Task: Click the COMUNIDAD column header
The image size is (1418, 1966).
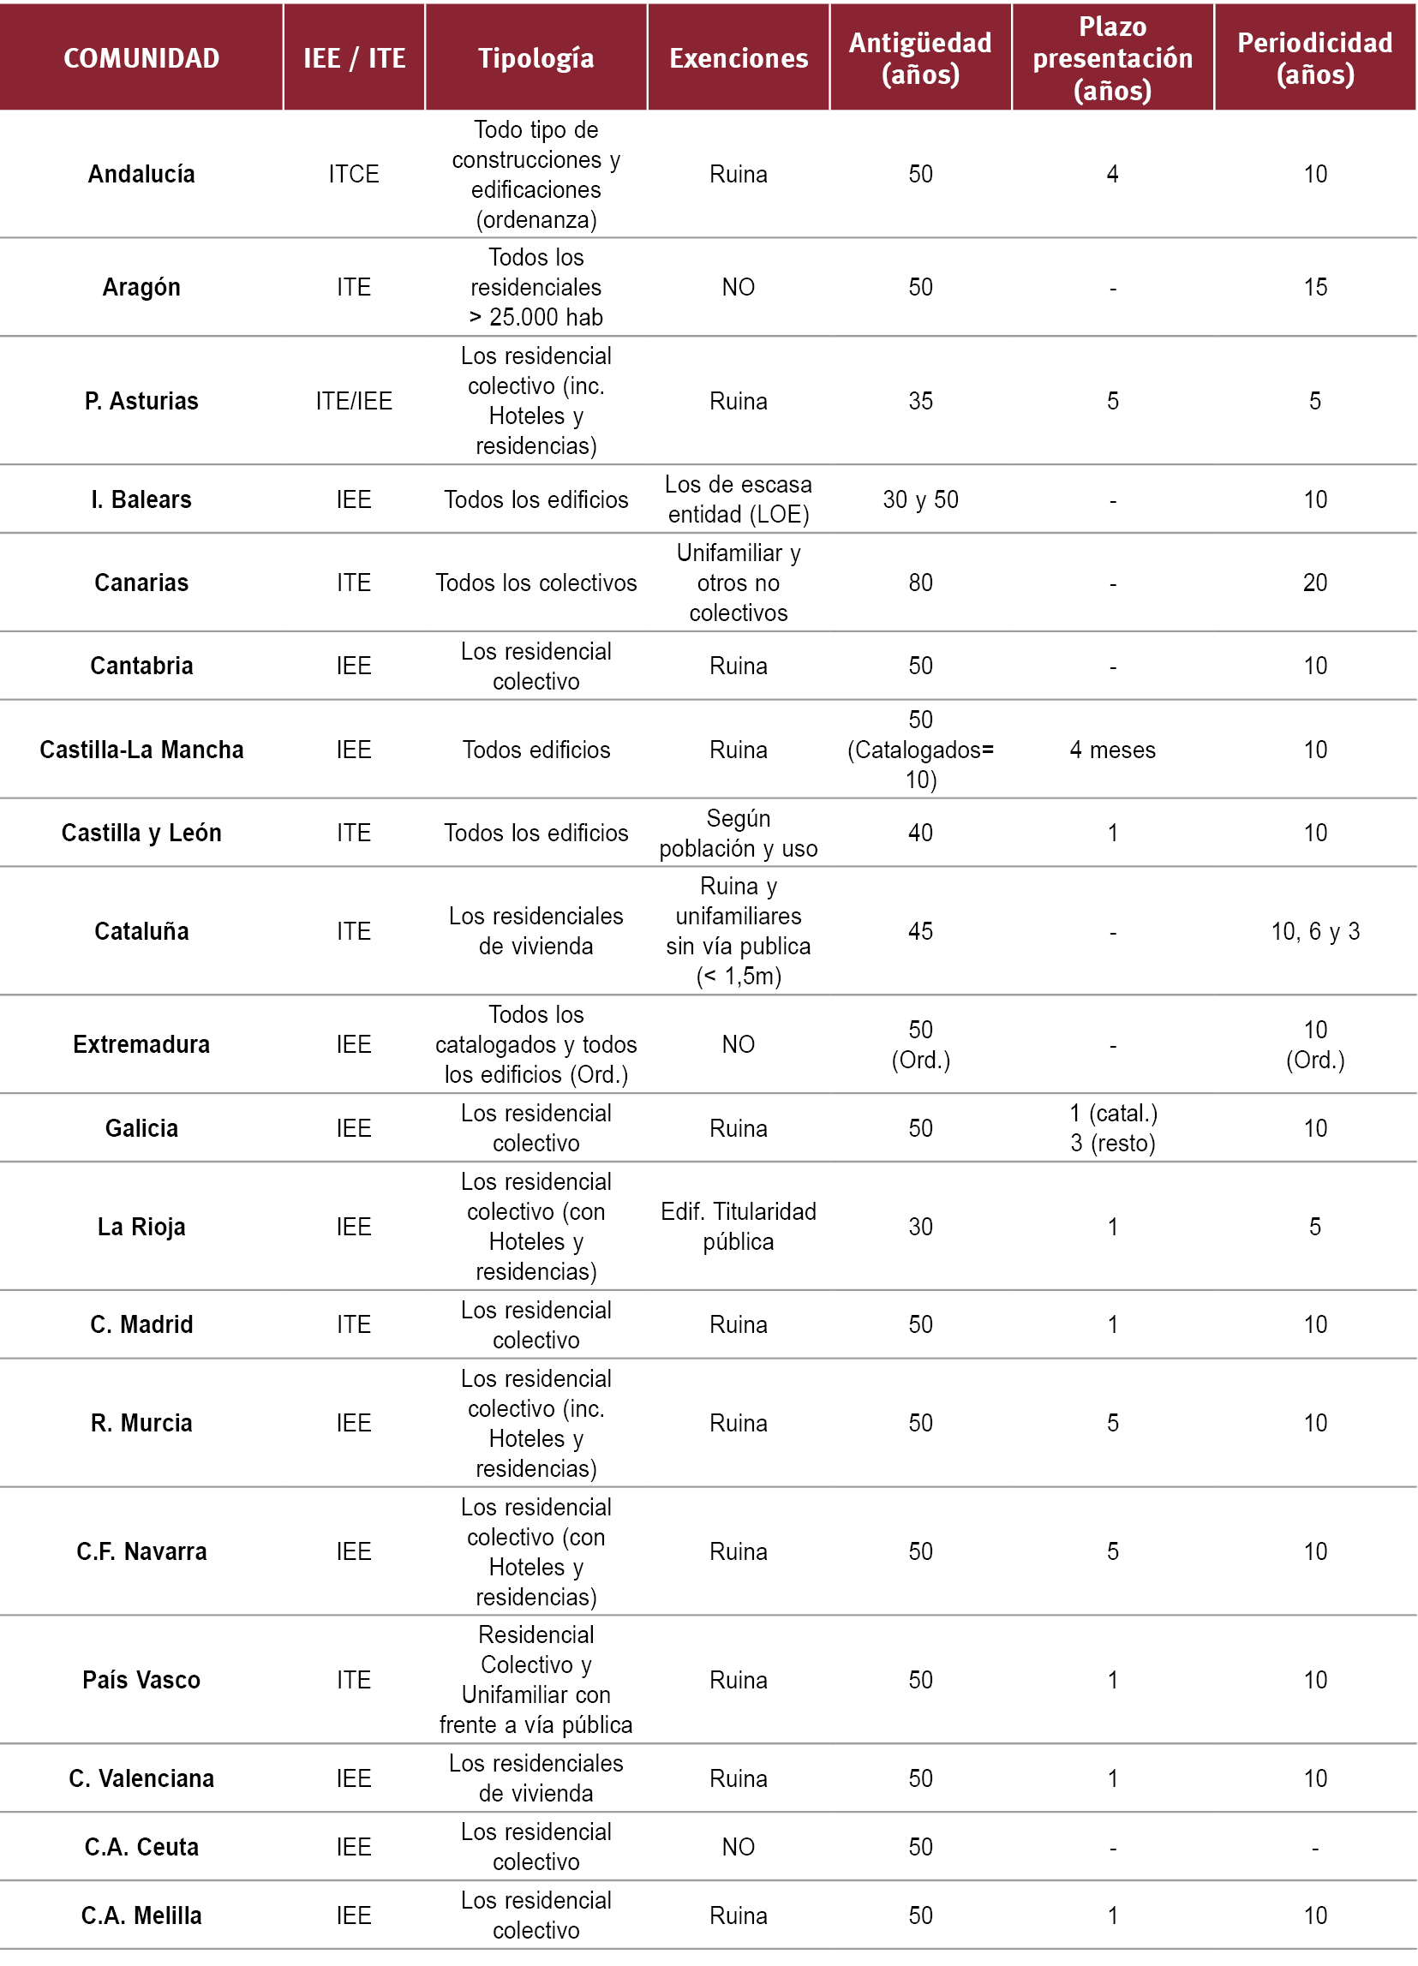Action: pyautogui.click(x=141, y=58)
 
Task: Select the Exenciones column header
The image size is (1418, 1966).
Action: pyautogui.click(x=739, y=58)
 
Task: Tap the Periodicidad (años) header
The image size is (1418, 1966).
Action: pyautogui.click(x=1315, y=58)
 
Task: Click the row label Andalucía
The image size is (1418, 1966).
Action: pyautogui.click(x=141, y=174)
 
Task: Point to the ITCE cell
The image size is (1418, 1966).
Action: pyautogui.click(x=354, y=174)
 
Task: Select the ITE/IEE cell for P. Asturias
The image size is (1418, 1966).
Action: pyautogui.click(x=354, y=401)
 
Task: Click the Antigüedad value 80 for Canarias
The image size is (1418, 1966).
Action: pyautogui.click(x=920, y=583)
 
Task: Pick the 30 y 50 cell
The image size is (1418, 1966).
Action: pyautogui.click(x=920, y=499)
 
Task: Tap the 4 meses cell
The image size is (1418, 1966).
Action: pyautogui.click(x=1112, y=750)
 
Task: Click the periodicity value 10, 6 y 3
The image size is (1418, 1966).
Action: pyautogui.click(x=1315, y=931)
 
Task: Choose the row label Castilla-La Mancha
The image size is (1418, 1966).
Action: pyautogui.click(x=141, y=750)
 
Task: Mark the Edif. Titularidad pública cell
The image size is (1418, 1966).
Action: pyautogui.click(x=739, y=1227)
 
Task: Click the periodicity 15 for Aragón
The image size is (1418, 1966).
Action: pyautogui.click(x=1315, y=287)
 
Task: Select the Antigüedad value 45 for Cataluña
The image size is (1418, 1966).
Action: pyautogui.click(x=920, y=931)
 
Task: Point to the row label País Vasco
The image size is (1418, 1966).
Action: pyautogui.click(x=141, y=1680)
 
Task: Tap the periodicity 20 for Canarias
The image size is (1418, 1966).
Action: pyautogui.click(x=1315, y=583)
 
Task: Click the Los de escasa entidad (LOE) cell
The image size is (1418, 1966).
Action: pyautogui.click(x=739, y=499)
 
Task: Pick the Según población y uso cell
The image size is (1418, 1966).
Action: pyautogui.click(x=739, y=833)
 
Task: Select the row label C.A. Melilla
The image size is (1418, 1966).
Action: pyautogui.click(x=141, y=1915)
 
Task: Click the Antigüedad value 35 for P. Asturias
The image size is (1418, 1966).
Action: pyautogui.click(x=920, y=401)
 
